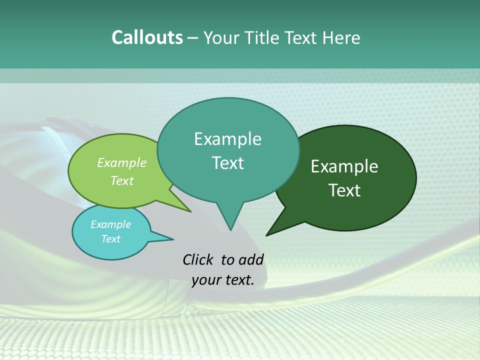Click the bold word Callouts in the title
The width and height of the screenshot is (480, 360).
tap(147, 37)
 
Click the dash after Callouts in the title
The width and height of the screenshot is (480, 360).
tap(193, 38)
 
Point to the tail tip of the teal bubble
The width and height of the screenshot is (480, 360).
tap(230, 229)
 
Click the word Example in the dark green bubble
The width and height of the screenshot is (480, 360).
tap(344, 166)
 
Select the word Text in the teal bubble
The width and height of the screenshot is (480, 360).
tap(228, 163)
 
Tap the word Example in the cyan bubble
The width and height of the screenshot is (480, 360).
tap(110, 224)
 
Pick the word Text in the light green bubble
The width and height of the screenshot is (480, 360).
tap(122, 180)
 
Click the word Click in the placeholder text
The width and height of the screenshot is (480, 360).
tap(198, 259)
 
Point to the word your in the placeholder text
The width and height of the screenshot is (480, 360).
tap(206, 280)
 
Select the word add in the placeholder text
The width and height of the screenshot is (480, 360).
tap(251, 259)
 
